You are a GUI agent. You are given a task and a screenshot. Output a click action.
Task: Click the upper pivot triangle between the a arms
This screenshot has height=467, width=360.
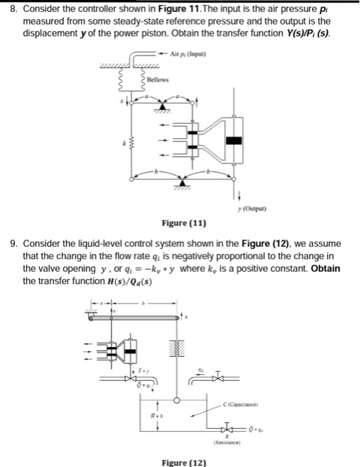(x=163, y=108)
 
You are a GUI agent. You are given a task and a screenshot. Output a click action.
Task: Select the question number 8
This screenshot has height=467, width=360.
(x=10, y=7)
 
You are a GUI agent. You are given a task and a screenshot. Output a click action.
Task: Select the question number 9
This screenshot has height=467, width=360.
(x=10, y=244)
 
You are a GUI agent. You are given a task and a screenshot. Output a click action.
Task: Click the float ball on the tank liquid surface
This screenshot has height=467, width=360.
(x=176, y=400)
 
